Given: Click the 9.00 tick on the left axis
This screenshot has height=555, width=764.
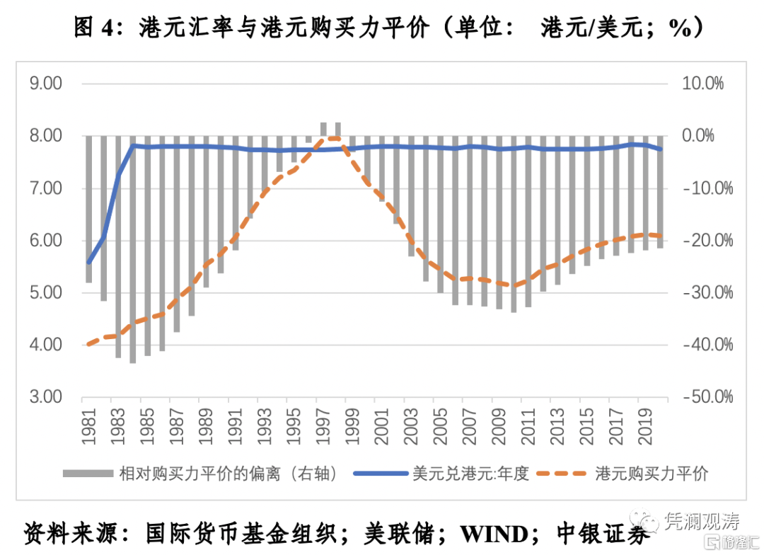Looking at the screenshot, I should click(46, 84).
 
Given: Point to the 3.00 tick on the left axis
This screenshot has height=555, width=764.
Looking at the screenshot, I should click(46, 397).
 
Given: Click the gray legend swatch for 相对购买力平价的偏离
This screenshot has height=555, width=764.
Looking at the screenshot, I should click(88, 473).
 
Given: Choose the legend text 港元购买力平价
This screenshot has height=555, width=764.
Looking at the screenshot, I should click(652, 473).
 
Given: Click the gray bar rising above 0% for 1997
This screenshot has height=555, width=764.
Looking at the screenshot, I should click(324, 129).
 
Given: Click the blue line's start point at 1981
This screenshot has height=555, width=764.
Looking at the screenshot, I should click(89, 263).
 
